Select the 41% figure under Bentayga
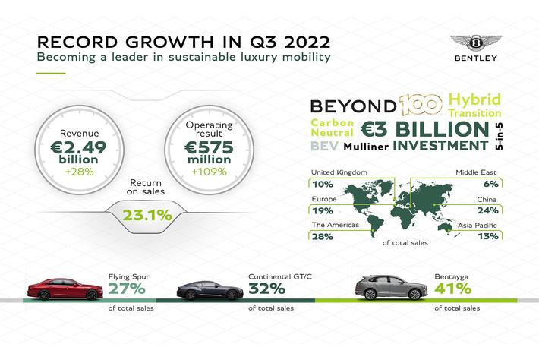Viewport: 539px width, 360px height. tap(452, 289)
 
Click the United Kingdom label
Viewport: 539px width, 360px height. tap(339, 172)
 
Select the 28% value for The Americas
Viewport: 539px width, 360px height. tap(323, 236)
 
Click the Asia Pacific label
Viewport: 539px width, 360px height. tap(477, 224)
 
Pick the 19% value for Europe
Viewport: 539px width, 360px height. tap(322, 211)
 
